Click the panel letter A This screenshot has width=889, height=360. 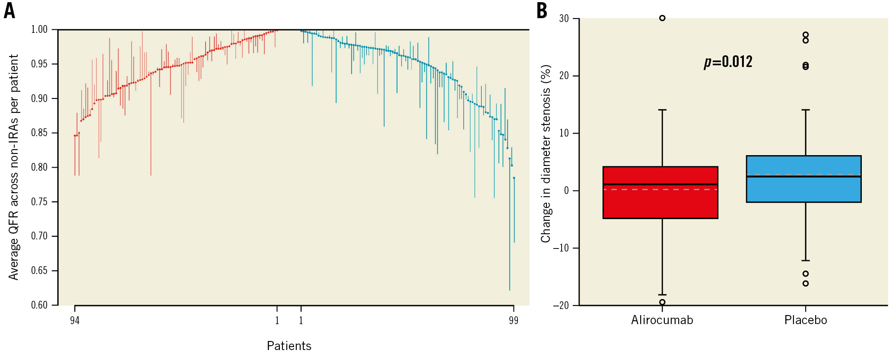tap(9, 11)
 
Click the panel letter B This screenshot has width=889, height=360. tap(542, 11)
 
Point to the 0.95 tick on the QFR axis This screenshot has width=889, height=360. tap(39, 64)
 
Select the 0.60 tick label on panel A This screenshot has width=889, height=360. tap(39, 305)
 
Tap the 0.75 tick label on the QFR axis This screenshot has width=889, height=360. tap(39, 202)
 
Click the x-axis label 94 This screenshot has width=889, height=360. tap(75, 320)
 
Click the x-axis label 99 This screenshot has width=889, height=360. tap(513, 320)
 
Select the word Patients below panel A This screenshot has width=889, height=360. tap(289, 346)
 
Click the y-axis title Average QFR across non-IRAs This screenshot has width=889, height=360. tap(14, 167)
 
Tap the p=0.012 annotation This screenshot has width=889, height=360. tap(728, 62)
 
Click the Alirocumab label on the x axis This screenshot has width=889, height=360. tap(662, 320)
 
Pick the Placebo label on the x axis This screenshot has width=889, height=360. tap(806, 320)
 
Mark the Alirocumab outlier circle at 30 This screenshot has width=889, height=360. tap(662, 18)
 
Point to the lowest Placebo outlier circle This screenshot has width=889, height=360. tap(806, 284)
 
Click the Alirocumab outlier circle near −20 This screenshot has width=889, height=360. tap(662, 302)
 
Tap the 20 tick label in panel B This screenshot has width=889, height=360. tap(564, 76)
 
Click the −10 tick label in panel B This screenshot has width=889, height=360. tap(561, 248)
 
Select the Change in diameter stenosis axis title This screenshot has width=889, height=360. tap(546, 153)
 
